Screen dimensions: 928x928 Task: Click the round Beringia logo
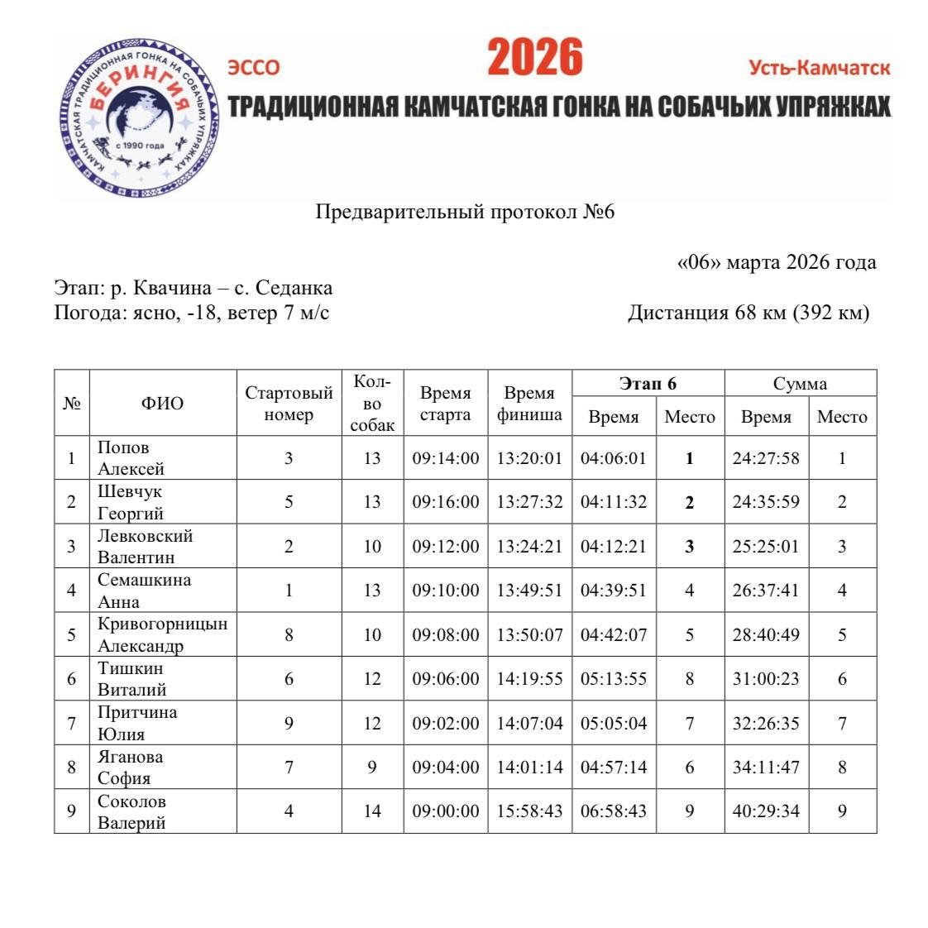pyautogui.click(x=139, y=116)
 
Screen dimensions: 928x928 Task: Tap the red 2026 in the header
pyautogui.click(x=534, y=58)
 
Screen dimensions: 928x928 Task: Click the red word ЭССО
pyautogui.click(x=254, y=68)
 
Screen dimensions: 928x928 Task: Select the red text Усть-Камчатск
pyautogui.click(x=819, y=68)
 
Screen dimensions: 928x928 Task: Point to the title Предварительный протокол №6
pyautogui.click(x=465, y=212)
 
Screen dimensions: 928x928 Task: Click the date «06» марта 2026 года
pyautogui.click(x=776, y=262)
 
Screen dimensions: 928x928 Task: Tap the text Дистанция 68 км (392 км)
pyautogui.click(x=749, y=313)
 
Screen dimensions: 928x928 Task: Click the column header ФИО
pyautogui.click(x=162, y=404)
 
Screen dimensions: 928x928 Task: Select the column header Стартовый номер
pyautogui.click(x=289, y=404)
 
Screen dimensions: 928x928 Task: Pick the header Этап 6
pyautogui.click(x=648, y=383)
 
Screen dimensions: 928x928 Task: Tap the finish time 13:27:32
pyautogui.click(x=529, y=502)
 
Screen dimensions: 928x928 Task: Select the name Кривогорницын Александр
pyautogui.click(x=162, y=635)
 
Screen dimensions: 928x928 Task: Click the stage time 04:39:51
pyautogui.click(x=613, y=591)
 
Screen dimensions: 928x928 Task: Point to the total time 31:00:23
pyautogui.click(x=766, y=679)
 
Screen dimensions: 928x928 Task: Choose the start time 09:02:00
pyautogui.click(x=445, y=724)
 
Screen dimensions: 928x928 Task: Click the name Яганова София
pyautogui.click(x=130, y=768)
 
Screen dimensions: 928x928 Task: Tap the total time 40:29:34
pyautogui.click(x=766, y=811)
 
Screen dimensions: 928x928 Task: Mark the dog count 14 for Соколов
pyautogui.click(x=372, y=811)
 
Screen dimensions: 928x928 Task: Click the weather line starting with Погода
pyautogui.click(x=192, y=313)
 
